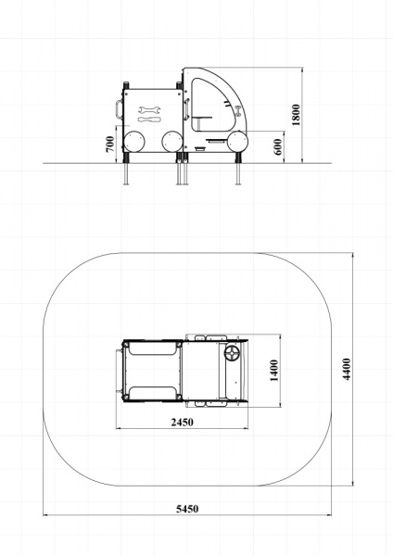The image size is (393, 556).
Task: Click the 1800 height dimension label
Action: pyautogui.click(x=297, y=115)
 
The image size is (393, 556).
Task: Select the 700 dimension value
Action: pyautogui.click(x=110, y=144)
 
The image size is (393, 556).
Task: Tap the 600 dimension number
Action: pyautogui.click(x=278, y=146)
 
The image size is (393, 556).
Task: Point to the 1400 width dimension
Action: pyautogui.click(x=274, y=371)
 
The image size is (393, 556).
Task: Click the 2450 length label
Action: pyautogui.click(x=183, y=423)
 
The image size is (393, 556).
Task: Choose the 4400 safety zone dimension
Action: pyautogui.click(x=347, y=369)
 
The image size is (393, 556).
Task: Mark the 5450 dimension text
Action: pyautogui.click(x=187, y=509)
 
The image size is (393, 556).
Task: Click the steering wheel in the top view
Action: pyautogui.click(x=233, y=354)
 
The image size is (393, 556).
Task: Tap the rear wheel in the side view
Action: pyautogui.click(x=133, y=142)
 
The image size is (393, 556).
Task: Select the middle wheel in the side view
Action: pyautogui.click(x=172, y=142)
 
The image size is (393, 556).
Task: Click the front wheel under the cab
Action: pyautogui.click(x=237, y=142)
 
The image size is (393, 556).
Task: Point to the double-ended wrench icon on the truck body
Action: pyautogui.click(x=149, y=109)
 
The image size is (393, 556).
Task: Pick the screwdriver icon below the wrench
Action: pyautogui.click(x=149, y=120)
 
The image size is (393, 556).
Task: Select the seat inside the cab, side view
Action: pyautogui.click(x=202, y=118)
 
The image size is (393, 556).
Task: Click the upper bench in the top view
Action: pyautogui.click(x=152, y=347)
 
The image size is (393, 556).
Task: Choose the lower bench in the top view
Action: pyautogui.click(x=152, y=393)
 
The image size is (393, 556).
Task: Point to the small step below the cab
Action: pyautogui.click(x=200, y=149)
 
